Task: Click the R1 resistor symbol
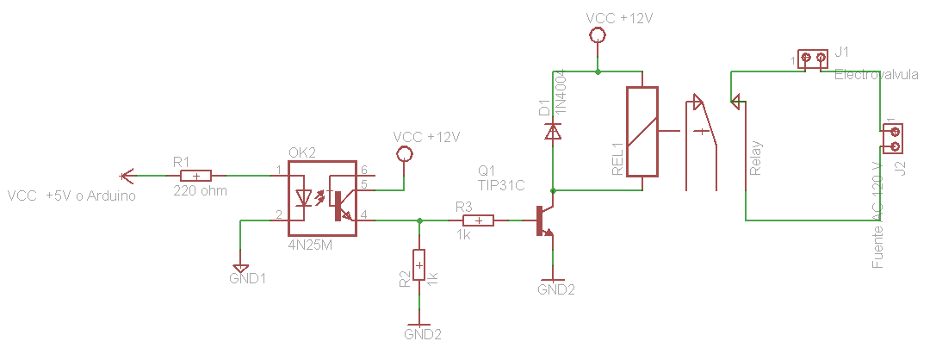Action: (x=196, y=176)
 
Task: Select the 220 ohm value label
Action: (x=200, y=190)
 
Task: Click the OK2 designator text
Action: (x=302, y=152)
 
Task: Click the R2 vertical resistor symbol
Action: (x=419, y=264)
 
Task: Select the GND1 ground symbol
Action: (x=240, y=269)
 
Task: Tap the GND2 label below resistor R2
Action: (x=422, y=333)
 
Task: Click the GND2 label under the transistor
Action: (x=555, y=290)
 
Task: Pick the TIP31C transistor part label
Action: (x=502, y=184)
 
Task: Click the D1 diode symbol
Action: (x=552, y=131)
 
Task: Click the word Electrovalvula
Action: (x=876, y=76)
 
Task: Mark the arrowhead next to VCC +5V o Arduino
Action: (x=127, y=176)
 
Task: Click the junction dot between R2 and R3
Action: (x=419, y=220)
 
